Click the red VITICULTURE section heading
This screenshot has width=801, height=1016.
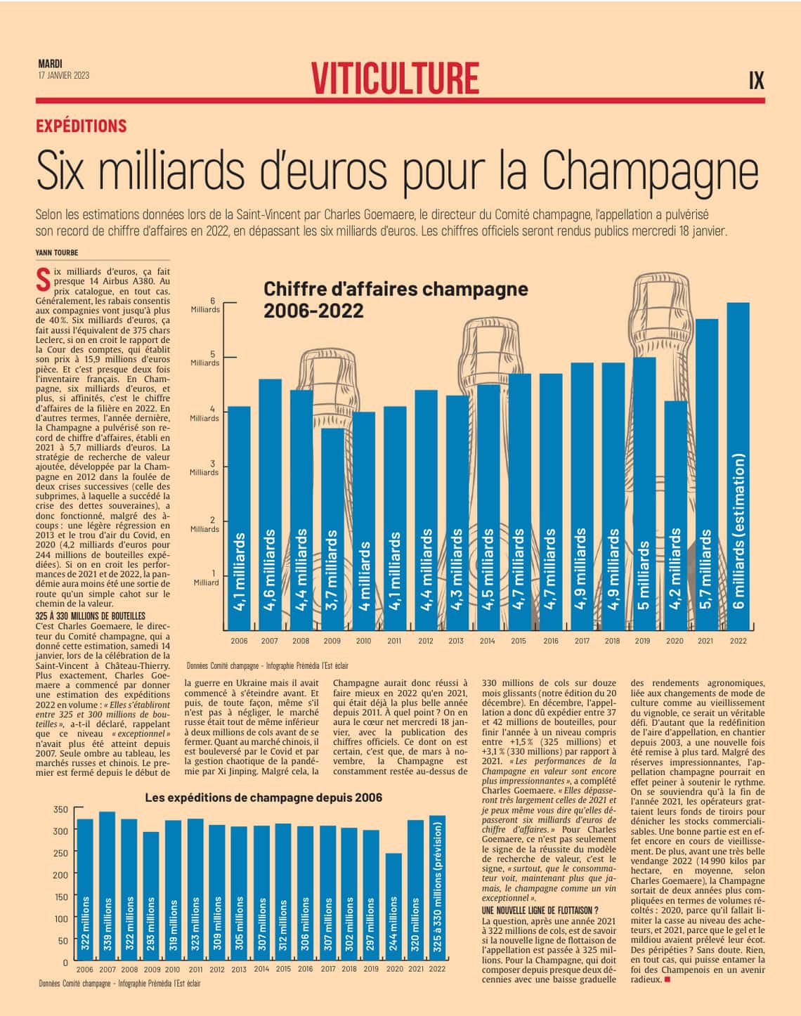tap(396, 77)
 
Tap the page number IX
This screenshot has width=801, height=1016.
tap(755, 80)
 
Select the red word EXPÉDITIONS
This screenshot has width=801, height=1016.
tap(82, 126)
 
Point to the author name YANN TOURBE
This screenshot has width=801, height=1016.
tap(57, 252)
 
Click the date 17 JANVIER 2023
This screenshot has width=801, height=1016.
tap(64, 75)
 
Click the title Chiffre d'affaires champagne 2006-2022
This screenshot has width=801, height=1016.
tap(396, 299)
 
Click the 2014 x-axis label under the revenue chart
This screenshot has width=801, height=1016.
tap(487, 641)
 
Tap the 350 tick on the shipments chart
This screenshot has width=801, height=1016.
tap(61, 809)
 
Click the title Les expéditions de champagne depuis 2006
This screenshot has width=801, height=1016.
tap(263, 797)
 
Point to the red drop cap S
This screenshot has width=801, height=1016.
tap(43, 279)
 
